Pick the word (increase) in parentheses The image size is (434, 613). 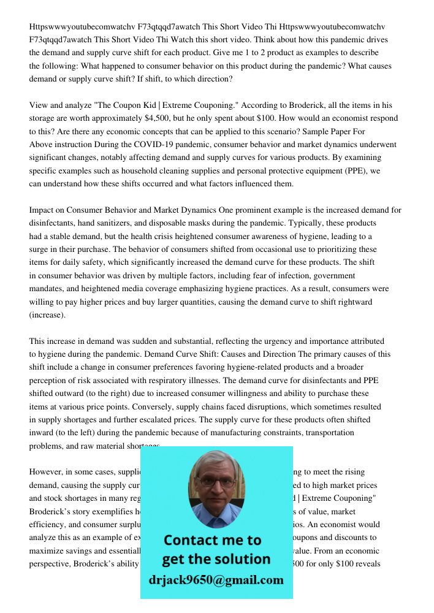coord(47,315)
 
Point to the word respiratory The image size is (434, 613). coord(205,380)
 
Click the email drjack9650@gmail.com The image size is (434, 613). coord(216,580)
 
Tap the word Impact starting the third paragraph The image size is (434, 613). coord(42,210)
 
